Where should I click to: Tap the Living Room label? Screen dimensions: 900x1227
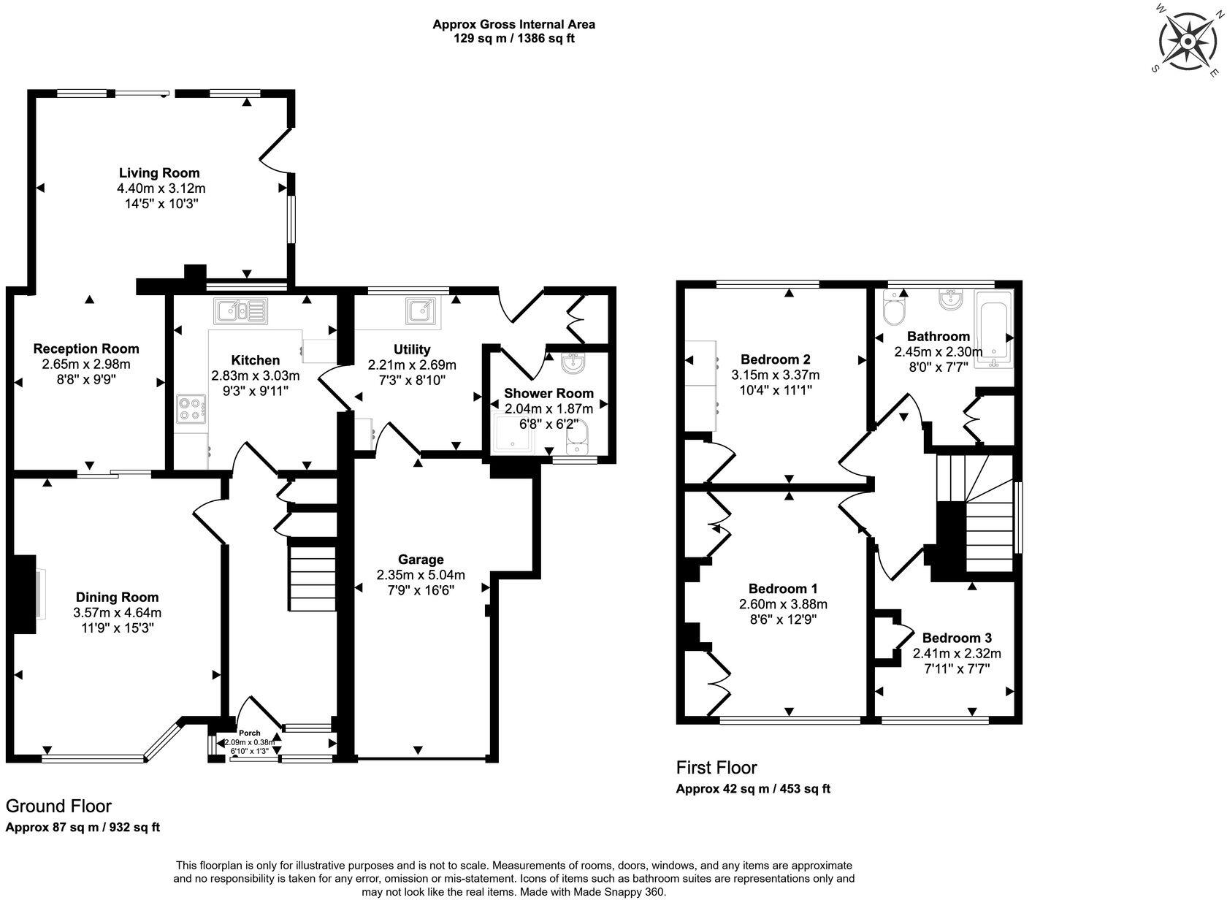pyautogui.click(x=159, y=173)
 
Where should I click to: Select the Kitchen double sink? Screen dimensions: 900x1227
pyautogui.click(x=240, y=311)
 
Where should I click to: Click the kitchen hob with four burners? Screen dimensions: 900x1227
pyautogui.click(x=191, y=409)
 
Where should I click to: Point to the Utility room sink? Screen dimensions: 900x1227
pyautogui.click(x=421, y=312)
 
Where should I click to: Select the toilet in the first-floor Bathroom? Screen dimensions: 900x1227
pyautogui.click(x=893, y=308)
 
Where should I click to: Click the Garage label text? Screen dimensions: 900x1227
pyautogui.click(x=421, y=560)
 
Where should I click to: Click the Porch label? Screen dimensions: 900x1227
pyautogui.click(x=250, y=733)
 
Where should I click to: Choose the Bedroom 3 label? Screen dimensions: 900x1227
pyautogui.click(x=957, y=638)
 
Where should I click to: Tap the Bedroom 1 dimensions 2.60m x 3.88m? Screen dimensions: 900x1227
pyautogui.click(x=783, y=604)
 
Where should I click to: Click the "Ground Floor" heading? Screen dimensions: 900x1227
pyautogui.click(x=58, y=806)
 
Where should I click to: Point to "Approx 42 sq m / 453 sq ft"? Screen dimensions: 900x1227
pyautogui.click(x=753, y=789)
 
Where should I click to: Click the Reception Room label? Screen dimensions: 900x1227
pyautogui.click(x=86, y=348)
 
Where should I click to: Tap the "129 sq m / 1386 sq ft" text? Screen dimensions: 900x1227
pyautogui.click(x=513, y=39)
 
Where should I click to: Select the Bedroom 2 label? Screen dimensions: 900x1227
pyautogui.click(x=775, y=359)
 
